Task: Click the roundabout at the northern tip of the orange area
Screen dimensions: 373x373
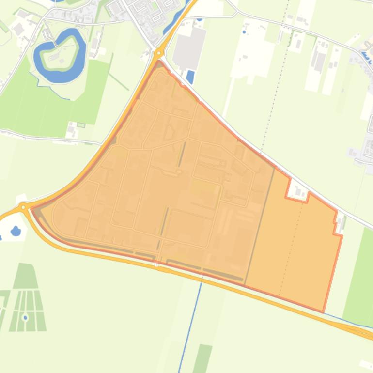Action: (x=159, y=53)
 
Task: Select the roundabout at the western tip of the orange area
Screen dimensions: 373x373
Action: (x=23, y=207)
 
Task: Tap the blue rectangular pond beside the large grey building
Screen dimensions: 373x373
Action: (x=190, y=77)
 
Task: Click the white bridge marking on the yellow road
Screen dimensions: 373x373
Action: (x=156, y=264)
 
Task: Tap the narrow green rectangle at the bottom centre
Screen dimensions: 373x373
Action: (x=203, y=358)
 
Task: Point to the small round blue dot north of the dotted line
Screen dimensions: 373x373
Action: (x=244, y=32)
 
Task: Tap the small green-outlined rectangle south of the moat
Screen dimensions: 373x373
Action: (x=81, y=125)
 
